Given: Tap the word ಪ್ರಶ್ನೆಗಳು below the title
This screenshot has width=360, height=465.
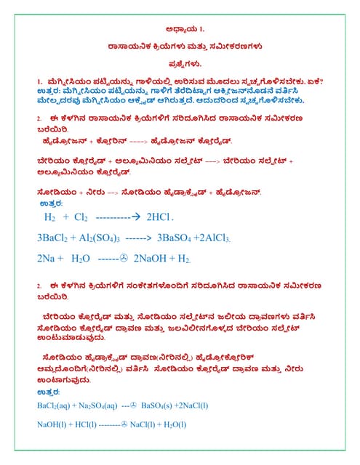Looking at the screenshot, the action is tap(180, 63).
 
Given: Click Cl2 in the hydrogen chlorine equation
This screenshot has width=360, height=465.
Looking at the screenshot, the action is tap(81, 217).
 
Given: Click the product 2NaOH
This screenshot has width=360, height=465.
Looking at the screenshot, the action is tap(151, 258).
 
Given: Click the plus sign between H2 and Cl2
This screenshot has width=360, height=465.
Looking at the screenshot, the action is tap(65, 217).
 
